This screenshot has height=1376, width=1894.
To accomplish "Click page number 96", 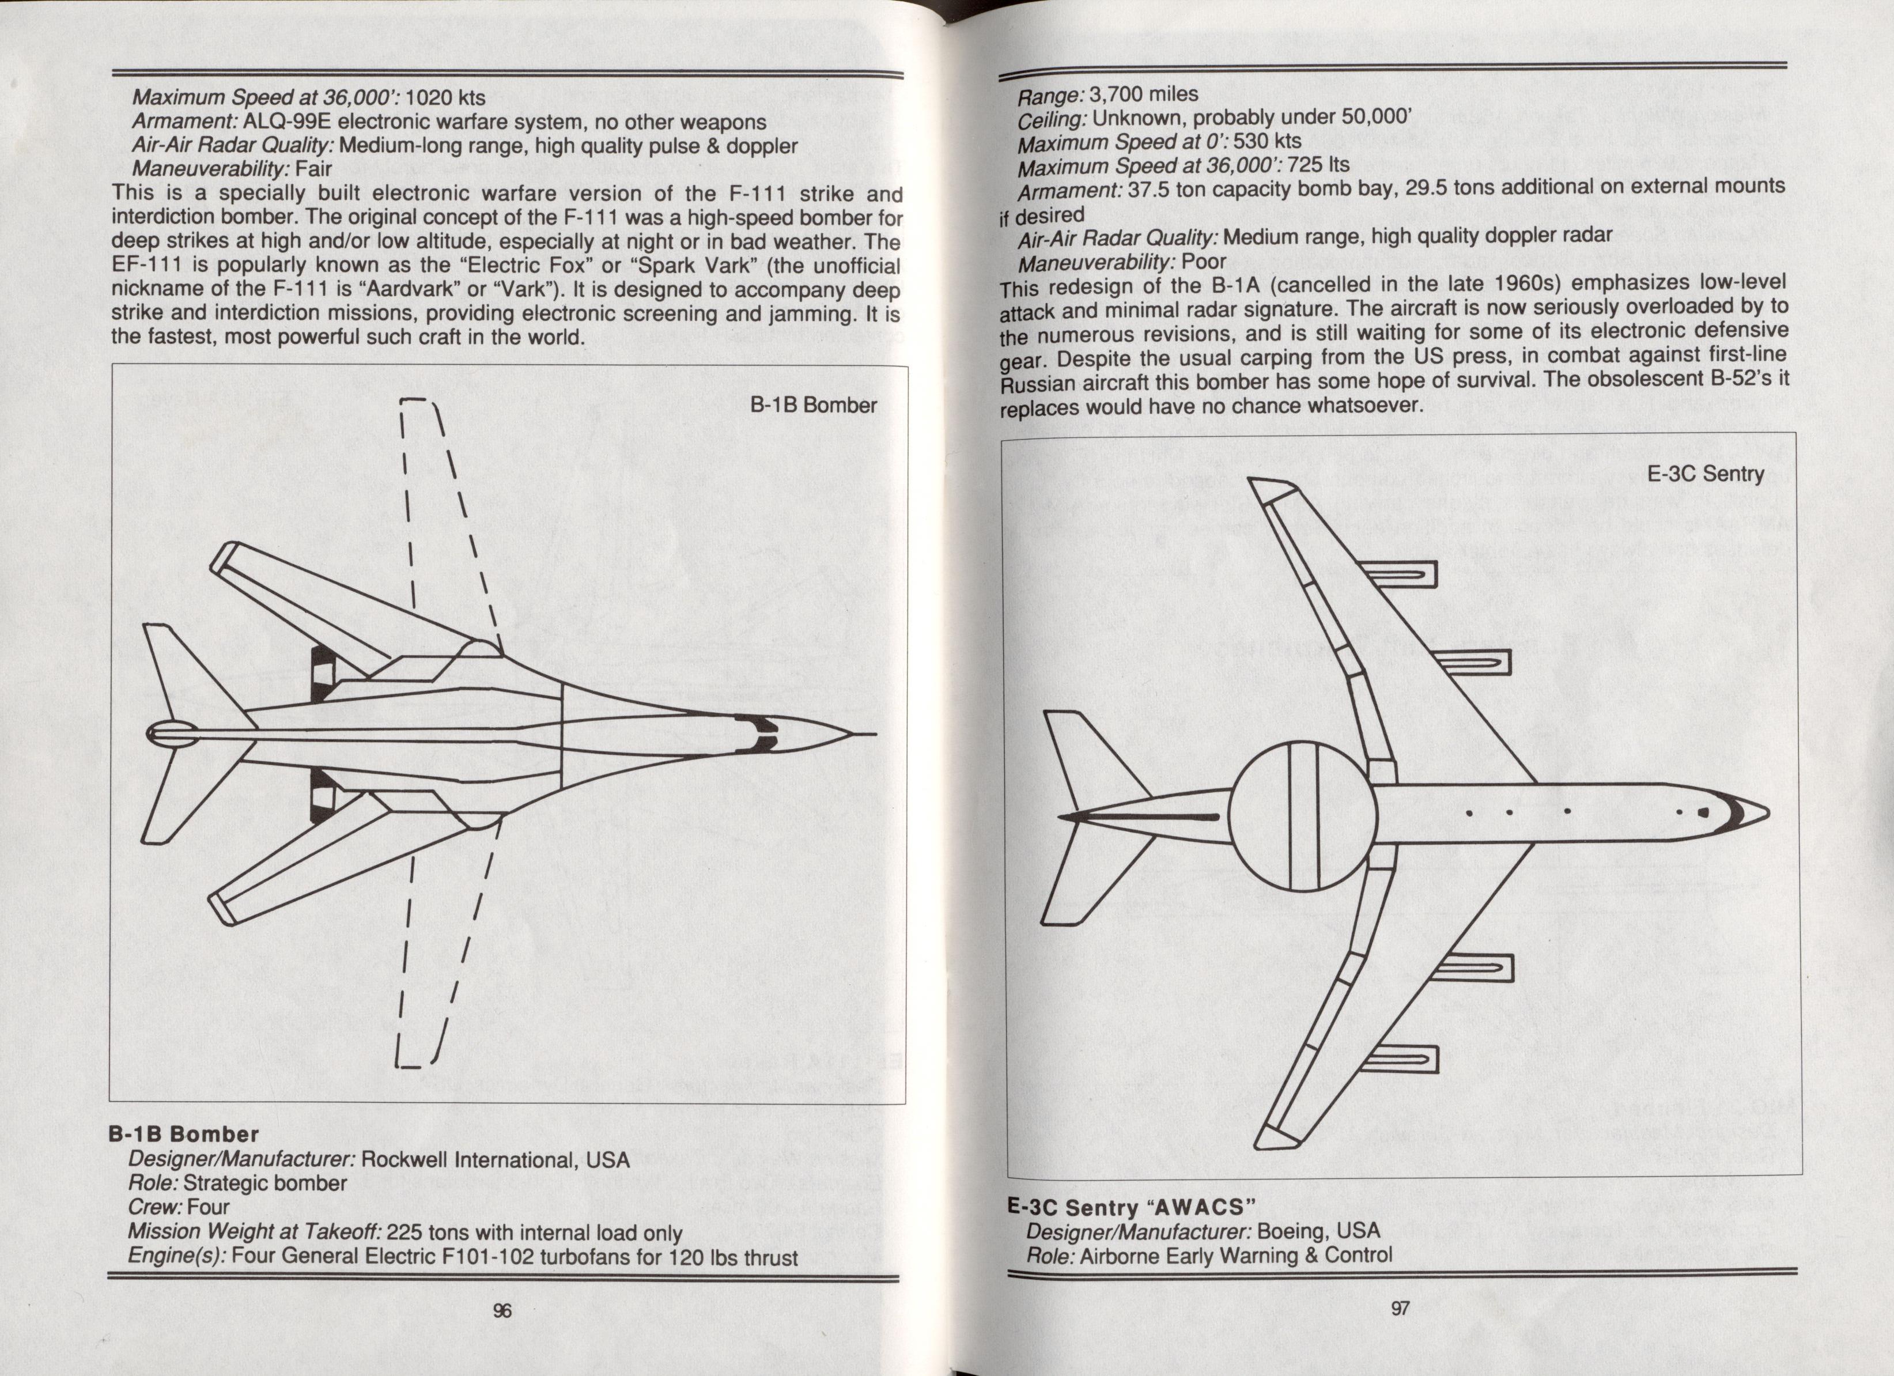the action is pyautogui.click(x=502, y=1310).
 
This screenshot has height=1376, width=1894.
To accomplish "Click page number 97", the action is pyautogui.click(x=1400, y=1309).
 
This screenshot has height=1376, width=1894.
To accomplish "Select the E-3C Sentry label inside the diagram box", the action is pyautogui.click(x=1705, y=474).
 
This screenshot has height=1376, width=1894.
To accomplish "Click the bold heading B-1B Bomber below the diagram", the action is pyautogui.click(x=184, y=1134).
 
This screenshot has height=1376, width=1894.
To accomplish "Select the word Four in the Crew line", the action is pyautogui.click(x=208, y=1207).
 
